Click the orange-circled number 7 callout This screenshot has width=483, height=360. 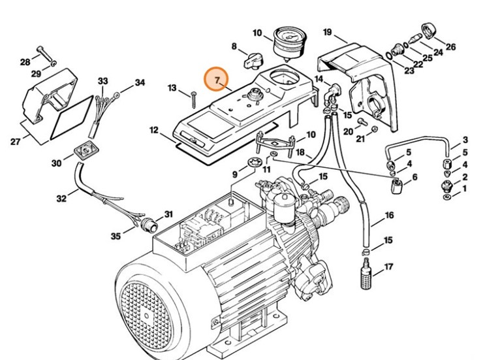pos(216,79)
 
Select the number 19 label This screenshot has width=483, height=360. pos(328,32)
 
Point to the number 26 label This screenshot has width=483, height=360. pos(450,46)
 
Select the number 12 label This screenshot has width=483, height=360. pos(153,130)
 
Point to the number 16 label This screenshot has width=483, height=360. pos(389,215)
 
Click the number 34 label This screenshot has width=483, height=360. pos(140,83)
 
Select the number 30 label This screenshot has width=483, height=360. pos(56,163)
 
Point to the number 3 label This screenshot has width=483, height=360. pos(465,140)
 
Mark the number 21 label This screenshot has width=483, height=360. pos(360,139)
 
